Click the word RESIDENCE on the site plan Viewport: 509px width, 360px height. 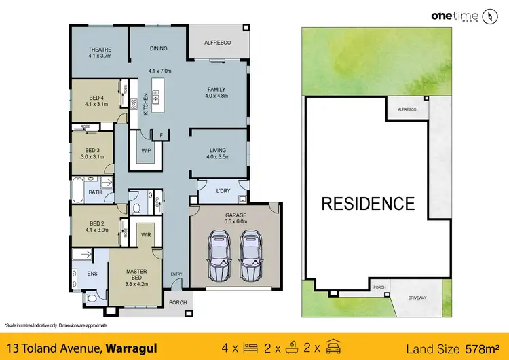click(367, 203)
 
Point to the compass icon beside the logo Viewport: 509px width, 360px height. click(490, 17)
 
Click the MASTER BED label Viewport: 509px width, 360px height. click(136, 275)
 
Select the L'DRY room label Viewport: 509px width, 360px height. click(223, 191)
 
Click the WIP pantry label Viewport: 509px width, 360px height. click(145, 150)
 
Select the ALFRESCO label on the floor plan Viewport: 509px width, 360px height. click(218, 43)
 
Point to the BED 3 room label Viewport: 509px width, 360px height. click(93, 153)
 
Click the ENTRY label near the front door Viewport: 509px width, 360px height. click(176, 274)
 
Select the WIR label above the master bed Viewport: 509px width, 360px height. click(145, 235)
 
